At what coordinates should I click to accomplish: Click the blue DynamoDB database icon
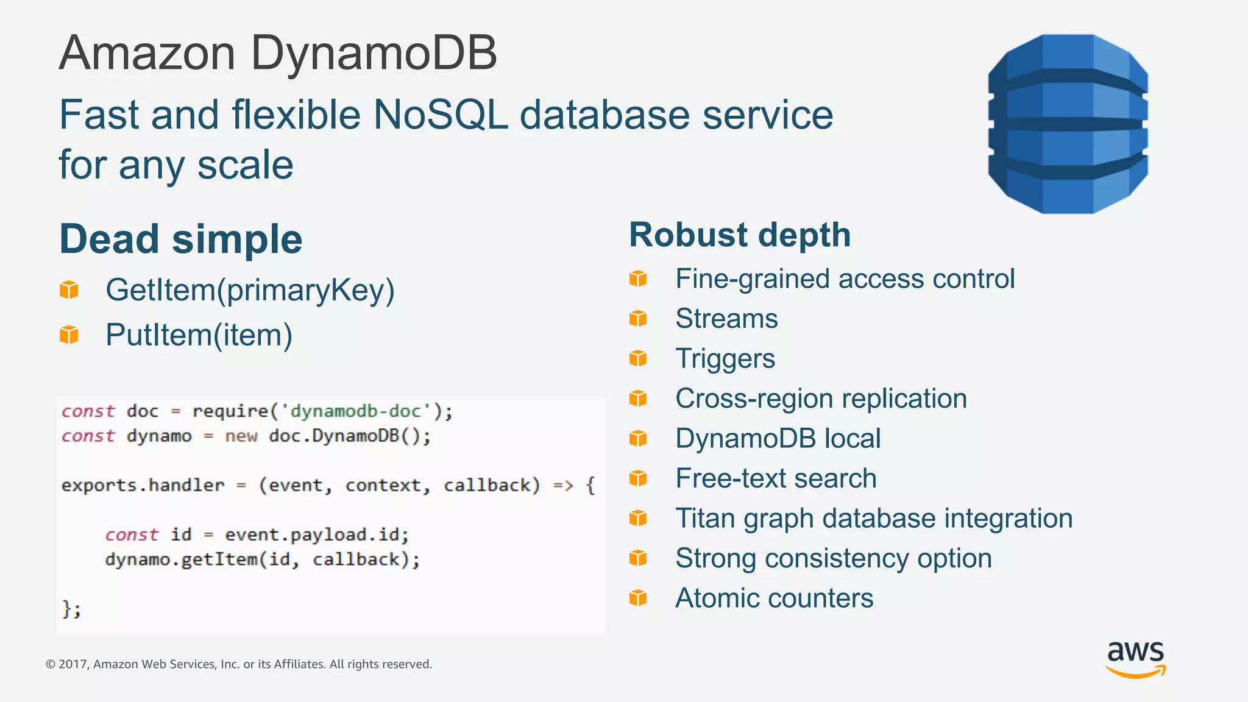click(x=1068, y=124)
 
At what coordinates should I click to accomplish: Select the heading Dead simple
click(x=181, y=239)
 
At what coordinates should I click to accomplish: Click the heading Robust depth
click(x=740, y=235)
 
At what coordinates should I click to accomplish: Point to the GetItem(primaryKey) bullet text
click(x=250, y=290)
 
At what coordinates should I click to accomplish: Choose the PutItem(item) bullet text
click(x=199, y=335)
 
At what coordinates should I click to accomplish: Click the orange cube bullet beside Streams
click(x=638, y=319)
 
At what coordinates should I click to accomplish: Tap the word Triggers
click(x=725, y=359)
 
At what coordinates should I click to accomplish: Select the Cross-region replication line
click(x=821, y=399)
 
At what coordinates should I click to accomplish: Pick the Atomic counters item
click(x=774, y=598)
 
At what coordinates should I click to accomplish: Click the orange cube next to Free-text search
click(x=638, y=478)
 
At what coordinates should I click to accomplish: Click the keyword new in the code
click(x=241, y=436)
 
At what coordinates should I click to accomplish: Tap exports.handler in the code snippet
click(x=143, y=486)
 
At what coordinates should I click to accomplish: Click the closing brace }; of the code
click(x=71, y=609)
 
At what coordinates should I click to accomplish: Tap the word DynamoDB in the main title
click(x=374, y=53)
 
